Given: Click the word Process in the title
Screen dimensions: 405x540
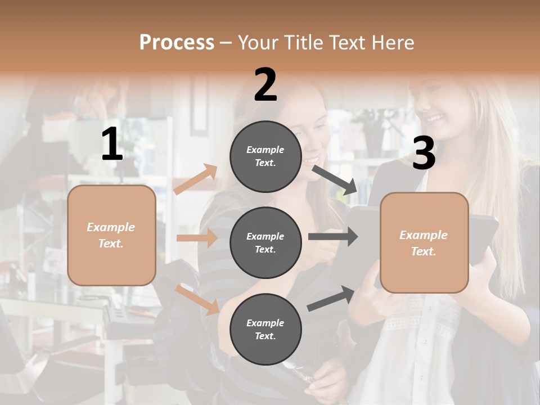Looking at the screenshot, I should [x=177, y=43].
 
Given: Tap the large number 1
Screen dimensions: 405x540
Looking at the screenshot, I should [x=112, y=144].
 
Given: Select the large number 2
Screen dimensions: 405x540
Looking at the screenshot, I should [x=265, y=84].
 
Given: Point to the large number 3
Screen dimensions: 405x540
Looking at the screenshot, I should [x=424, y=153].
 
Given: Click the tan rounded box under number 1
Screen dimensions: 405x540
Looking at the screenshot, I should [x=111, y=235].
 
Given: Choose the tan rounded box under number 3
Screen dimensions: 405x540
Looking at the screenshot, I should [x=424, y=242].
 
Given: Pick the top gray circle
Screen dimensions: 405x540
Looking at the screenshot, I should [x=265, y=156].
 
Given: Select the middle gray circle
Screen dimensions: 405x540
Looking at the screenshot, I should [x=265, y=242].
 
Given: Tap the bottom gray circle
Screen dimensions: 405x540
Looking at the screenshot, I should [x=265, y=329].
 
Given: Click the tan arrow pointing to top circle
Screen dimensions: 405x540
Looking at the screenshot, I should [x=196, y=179].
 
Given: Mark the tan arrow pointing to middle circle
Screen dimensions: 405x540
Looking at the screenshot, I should [x=197, y=238].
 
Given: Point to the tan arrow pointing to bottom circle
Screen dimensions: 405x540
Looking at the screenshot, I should [x=197, y=299].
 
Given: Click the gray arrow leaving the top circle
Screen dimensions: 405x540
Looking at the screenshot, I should [x=335, y=179].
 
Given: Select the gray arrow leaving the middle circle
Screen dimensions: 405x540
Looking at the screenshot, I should [x=332, y=237].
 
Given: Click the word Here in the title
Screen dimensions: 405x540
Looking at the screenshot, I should [x=393, y=43].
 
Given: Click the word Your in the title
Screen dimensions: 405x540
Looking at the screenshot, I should [x=256, y=43].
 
